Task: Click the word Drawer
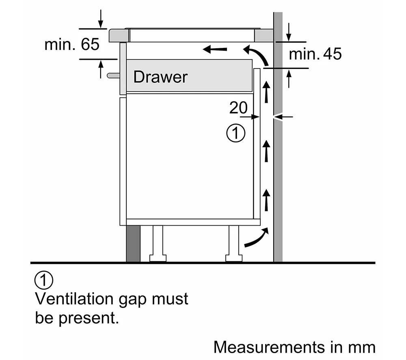(x=160, y=77)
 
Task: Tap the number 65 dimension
(x=90, y=44)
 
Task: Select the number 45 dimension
(x=332, y=54)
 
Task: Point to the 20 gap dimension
(x=238, y=108)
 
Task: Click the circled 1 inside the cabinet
(x=235, y=134)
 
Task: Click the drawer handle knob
(x=112, y=75)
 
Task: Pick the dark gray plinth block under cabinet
(x=133, y=244)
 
